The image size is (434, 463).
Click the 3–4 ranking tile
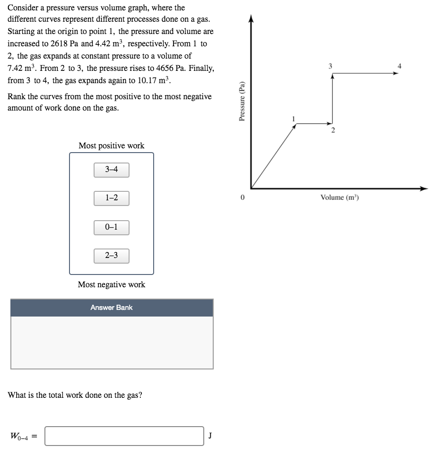[x=112, y=170]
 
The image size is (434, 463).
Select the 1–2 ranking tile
[x=112, y=198]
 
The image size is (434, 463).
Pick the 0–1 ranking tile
[x=112, y=227]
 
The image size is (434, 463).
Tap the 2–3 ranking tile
[x=112, y=256]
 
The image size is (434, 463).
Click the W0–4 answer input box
[x=124, y=436]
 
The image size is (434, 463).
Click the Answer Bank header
[x=112, y=308]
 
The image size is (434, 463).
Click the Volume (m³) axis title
[x=339, y=197]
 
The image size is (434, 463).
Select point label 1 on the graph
[x=294, y=118]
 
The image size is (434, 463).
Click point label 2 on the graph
[x=332, y=130]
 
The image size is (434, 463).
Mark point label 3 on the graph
[x=330, y=66]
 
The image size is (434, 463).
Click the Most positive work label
[x=112, y=146]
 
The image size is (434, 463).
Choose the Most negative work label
[x=112, y=284]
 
